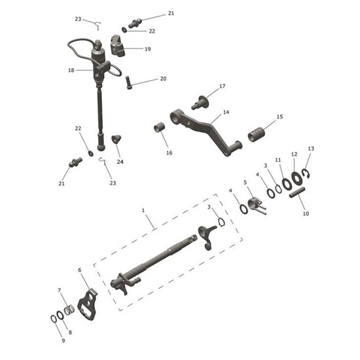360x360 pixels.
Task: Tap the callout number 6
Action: point(79,270)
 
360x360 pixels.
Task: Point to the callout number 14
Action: point(226,112)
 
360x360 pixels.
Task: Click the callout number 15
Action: point(280,117)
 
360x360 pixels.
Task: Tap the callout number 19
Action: point(147,49)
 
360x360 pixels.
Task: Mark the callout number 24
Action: point(120,162)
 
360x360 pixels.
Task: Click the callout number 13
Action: point(311,149)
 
